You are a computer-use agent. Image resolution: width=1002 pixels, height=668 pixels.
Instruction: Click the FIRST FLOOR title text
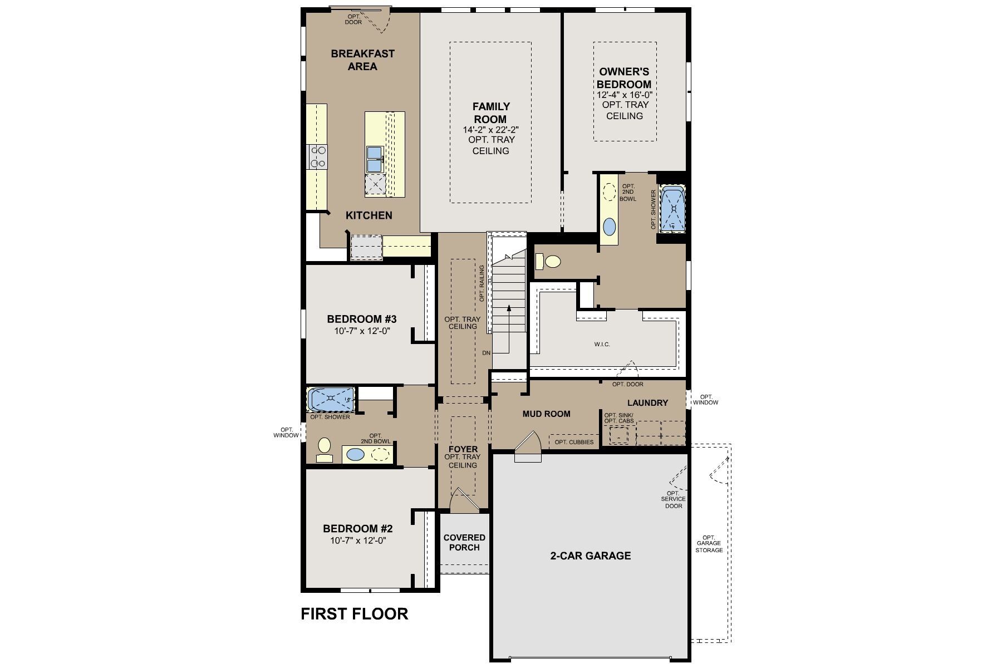pyautogui.click(x=355, y=613)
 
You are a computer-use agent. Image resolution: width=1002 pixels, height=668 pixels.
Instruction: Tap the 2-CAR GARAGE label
pyautogui.click(x=590, y=556)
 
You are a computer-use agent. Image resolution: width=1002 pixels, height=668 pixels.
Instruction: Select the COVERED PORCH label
pyautogui.click(x=464, y=542)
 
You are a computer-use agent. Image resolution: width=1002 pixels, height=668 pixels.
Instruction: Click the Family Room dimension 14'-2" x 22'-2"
pyautogui.click(x=490, y=130)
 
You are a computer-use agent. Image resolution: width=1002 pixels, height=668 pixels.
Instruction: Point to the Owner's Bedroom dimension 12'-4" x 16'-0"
pyautogui.click(x=624, y=95)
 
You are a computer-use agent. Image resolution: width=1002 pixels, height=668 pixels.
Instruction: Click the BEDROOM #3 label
pyautogui.click(x=362, y=320)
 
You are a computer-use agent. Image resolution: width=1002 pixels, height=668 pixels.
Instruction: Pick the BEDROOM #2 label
pyautogui.click(x=358, y=529)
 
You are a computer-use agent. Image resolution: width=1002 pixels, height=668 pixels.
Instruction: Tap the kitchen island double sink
pyautogui.click(x=374, y=159)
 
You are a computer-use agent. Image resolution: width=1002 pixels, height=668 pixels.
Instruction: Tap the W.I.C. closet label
pyautogui.click(x=602, y=345)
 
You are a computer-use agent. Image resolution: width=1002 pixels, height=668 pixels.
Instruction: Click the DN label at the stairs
pyautogui.click(x=486, y=353)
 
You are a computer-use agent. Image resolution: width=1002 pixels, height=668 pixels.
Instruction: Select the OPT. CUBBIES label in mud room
pyautogui.click(x=574, y=443)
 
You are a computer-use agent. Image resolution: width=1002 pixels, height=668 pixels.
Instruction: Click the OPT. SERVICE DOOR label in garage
pyautogui.click(x=673, y=499)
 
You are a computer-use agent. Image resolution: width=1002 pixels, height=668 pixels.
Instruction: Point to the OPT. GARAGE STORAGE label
pyautogui.click(x=709, y=544)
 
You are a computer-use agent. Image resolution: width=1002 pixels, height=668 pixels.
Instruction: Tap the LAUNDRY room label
pyautogui.click(x=647, y=403)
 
